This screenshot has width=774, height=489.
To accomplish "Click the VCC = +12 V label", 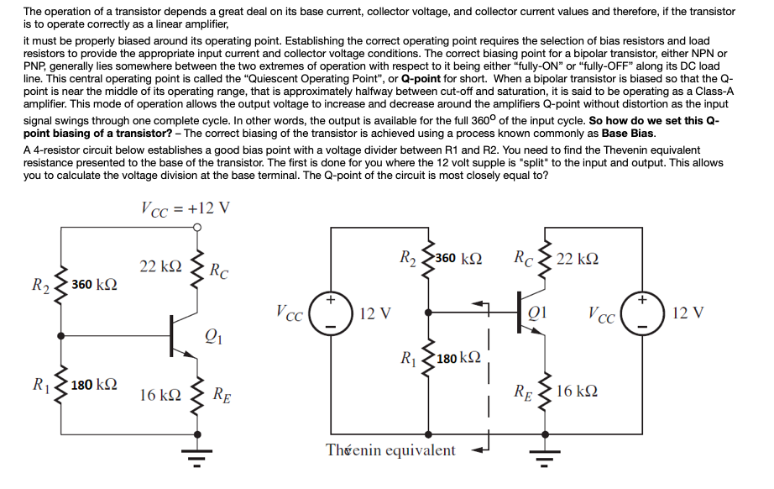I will pyautogui.click(x=185, y=207).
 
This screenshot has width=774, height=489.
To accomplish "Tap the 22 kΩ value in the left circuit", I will pyautogui.click(x=160, y=266).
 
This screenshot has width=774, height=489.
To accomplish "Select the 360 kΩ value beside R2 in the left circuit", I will pyautogui.click(x=93, y=284).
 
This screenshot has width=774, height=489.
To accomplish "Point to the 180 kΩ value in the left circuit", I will pyautogui.click(x=93, y=385).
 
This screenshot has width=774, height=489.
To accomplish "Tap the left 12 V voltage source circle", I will pyautogui.click(x=328, y=313).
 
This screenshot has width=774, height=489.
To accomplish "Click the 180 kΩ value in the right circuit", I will pyautogui.click(x=458, y=359).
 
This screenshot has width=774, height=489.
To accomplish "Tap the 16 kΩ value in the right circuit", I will pyautogui.click(x=577, y=392).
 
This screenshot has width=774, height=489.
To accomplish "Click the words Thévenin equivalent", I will pyautogui.click(x=391, y=450).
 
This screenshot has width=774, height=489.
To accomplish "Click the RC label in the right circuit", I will pyautogui.click(x=525, y=257).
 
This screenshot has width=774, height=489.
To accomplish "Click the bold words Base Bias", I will pyautogui.click(x=629, y=134).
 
